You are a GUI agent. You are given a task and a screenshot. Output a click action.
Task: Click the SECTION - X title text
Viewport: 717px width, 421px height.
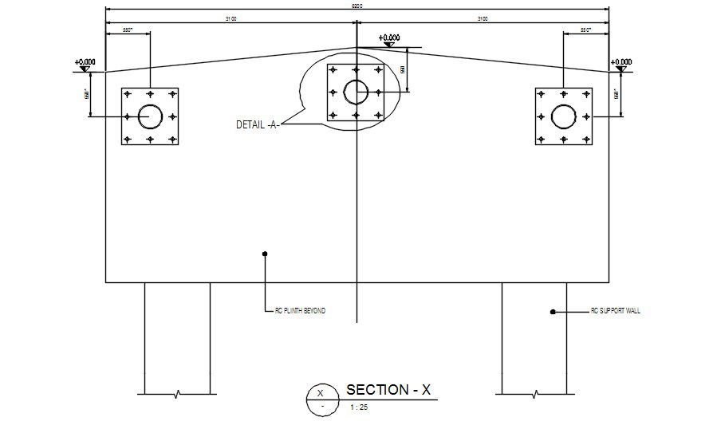tap(388, 390)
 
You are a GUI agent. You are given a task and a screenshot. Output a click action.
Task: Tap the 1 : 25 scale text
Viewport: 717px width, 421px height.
tap(359, 407)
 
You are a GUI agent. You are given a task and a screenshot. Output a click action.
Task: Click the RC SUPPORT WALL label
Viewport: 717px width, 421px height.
tap(615, 311)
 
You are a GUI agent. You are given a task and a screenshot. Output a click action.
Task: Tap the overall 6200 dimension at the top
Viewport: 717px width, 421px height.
tap(357, 6)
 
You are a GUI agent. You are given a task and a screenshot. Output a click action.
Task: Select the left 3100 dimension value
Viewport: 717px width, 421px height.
tap(231, 18)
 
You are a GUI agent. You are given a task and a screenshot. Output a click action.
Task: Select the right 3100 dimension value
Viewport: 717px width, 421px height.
tap(483, 18)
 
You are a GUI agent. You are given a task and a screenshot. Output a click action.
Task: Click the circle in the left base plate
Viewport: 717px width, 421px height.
tap(150, 116)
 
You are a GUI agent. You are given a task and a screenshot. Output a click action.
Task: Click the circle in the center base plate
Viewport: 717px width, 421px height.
tap(356, 92)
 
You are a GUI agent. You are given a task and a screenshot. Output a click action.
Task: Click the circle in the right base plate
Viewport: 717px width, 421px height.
tap(563, 116)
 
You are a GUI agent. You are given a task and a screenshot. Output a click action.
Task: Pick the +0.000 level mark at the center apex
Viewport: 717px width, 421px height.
tap(389, 40)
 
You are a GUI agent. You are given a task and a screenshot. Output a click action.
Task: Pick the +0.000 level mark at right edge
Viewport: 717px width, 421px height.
tap(620, 65)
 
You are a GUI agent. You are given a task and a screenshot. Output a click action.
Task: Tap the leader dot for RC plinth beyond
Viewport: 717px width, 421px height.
tap(265, 254)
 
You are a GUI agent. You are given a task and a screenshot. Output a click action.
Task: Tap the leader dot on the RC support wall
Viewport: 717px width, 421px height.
tap(552, 312)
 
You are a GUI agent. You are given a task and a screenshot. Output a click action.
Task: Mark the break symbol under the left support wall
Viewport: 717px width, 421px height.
tap(176, 393)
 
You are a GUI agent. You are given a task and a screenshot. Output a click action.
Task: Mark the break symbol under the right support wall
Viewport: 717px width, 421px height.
tap(534, 393)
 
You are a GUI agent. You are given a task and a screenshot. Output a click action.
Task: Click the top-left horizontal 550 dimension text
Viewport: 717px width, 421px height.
tap(127, 30)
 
